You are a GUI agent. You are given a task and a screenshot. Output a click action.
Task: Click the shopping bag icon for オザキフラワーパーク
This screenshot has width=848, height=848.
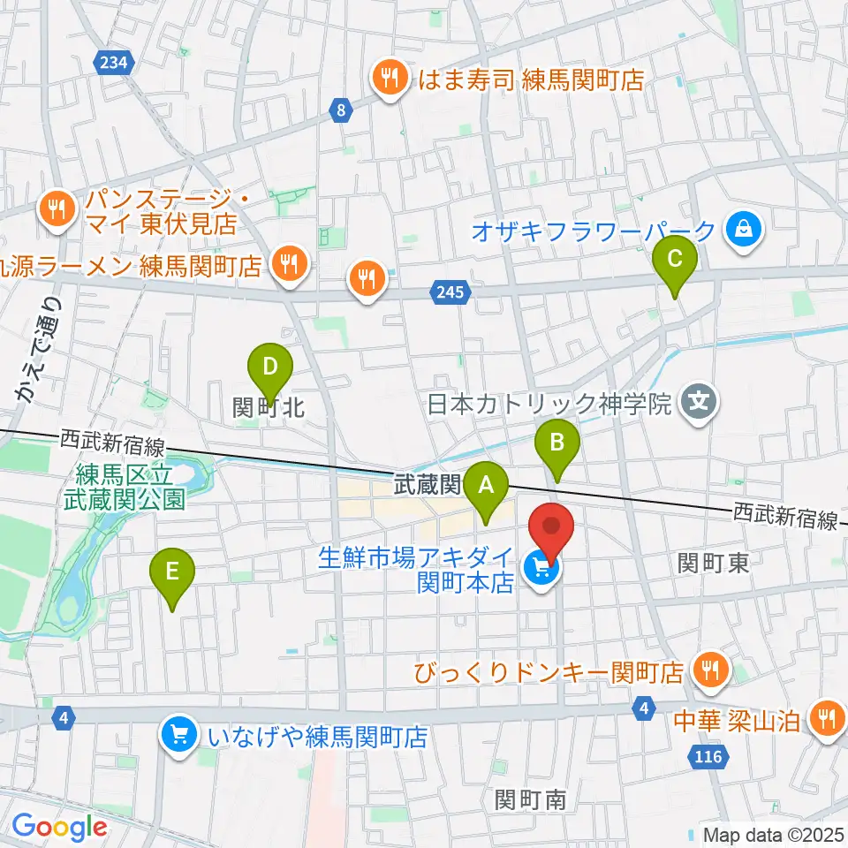(743, 231)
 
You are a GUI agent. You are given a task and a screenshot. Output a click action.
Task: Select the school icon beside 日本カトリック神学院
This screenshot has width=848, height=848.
(700, 405)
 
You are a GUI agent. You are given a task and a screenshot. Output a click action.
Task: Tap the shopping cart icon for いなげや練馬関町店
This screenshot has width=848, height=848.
(179, 734)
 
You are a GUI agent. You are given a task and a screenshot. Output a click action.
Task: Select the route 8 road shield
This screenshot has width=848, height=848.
(340, 110)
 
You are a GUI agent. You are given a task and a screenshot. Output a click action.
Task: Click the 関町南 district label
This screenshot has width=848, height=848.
(531, 799)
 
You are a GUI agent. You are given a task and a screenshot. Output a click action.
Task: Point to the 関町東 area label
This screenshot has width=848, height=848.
(714, 563)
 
